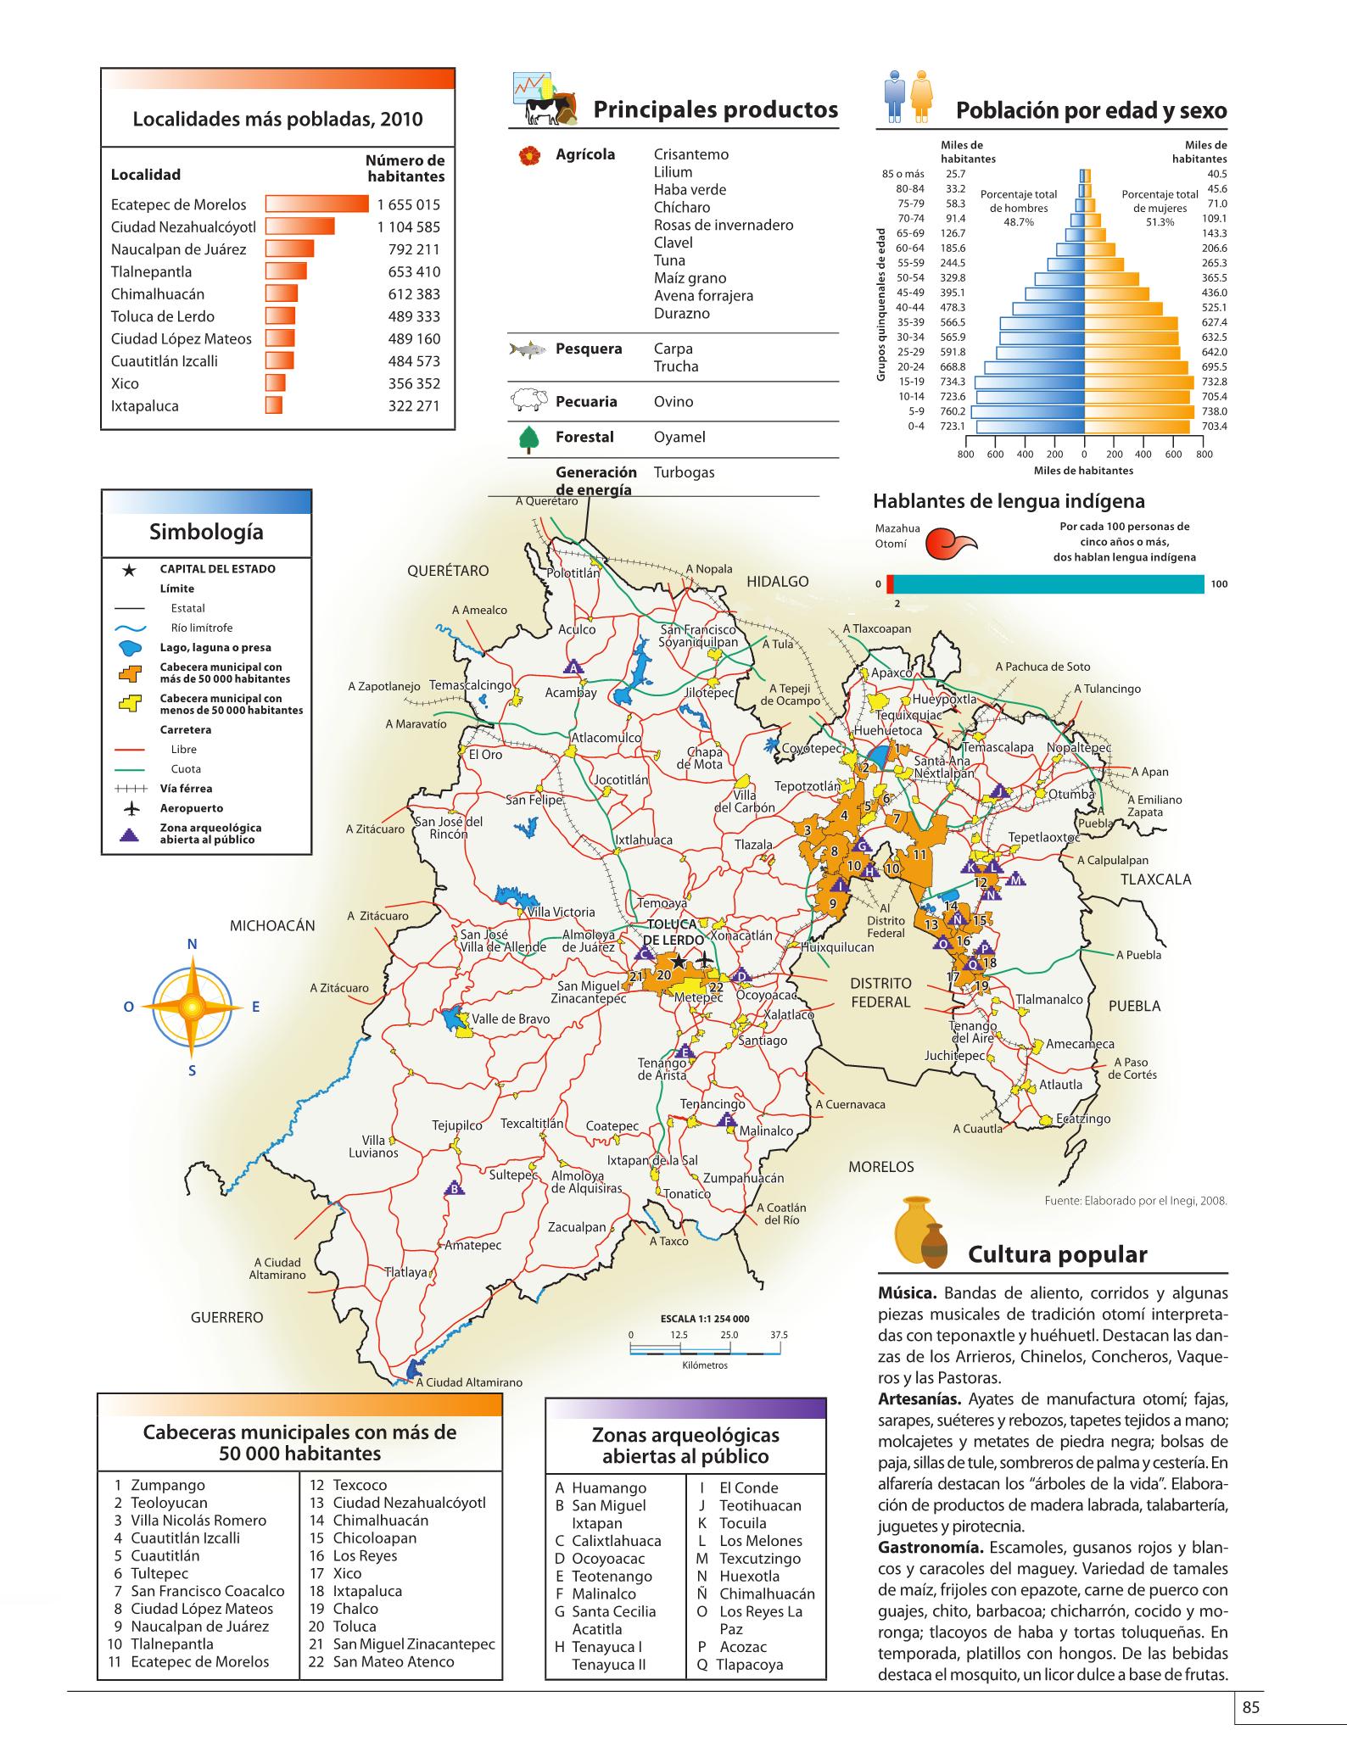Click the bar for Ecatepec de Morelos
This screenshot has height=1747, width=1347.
coord(317,204)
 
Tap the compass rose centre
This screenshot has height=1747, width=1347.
coord(192,1007)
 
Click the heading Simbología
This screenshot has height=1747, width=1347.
coord(206,532)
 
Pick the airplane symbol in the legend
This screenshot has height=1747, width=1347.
coord(130,809)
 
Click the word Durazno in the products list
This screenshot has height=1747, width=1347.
coord(681,314)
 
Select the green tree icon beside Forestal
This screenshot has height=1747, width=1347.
coord(529,438)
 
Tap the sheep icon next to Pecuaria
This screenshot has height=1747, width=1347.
coord(528,401)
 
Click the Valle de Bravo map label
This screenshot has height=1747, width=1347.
coord(511,1019)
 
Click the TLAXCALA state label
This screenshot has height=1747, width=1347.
coord(1155,879)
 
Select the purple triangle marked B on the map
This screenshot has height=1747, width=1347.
coord(456,1188)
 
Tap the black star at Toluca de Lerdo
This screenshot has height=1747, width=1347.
coord(678,962)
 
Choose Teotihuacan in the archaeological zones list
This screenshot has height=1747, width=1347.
coord(760,1505)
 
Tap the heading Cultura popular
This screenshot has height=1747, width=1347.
coord(1058,1254)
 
